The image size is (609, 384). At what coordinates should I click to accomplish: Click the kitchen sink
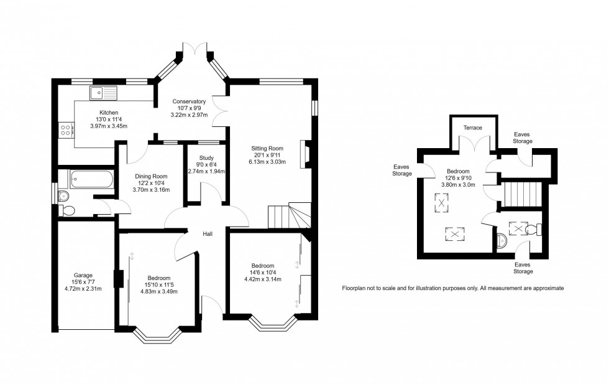[x=103, y=93]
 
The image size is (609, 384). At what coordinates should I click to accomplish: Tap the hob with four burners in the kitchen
[x=65, y=130]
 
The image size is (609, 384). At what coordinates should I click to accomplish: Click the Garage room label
[x=83, y=275]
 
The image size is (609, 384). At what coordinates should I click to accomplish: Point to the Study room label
[x=206, y=158]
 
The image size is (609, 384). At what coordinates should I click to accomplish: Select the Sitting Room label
[x=267, y=148]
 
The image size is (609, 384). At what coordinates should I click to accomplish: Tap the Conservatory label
[x=189, y=101]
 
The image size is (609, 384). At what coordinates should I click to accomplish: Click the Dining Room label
[x=152, y=176]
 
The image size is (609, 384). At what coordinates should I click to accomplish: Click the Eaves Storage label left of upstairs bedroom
[x=401, y=170]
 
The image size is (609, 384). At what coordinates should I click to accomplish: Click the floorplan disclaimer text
[x=452, y=288]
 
